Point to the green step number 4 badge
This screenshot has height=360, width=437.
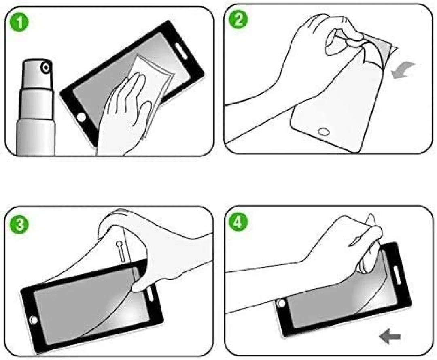[238, 223]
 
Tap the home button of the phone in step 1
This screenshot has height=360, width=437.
[81, 117]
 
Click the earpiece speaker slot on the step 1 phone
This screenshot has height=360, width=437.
[181, 50]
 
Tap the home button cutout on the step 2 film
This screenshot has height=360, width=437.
[324, 132]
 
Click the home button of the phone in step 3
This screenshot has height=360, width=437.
[34, 320]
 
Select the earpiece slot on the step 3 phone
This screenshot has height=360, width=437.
[151, 293]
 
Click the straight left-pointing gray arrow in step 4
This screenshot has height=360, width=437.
[390, 337]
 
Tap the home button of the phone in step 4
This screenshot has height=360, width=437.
[281, 303]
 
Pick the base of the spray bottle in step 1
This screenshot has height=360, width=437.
[36, 136]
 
